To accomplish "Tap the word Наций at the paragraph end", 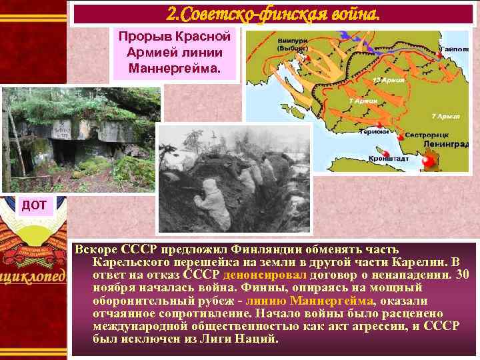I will coord(257,339).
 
